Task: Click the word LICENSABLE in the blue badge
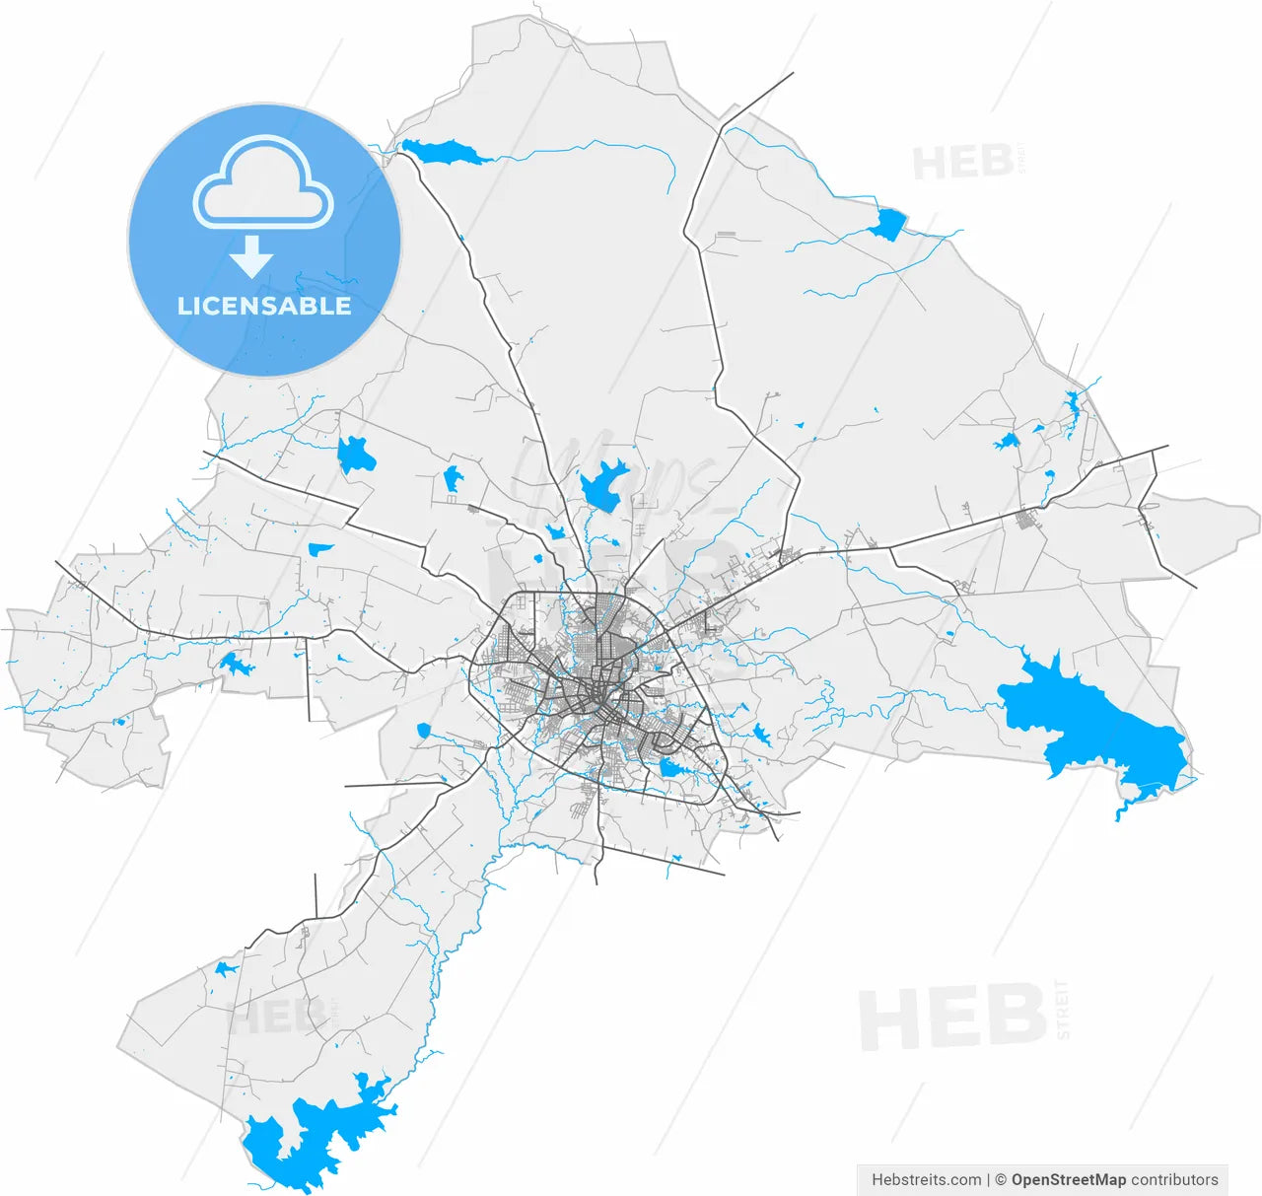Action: coord(264,306)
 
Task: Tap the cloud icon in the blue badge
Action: coord(263,183)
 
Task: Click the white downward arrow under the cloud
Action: coord(251,257)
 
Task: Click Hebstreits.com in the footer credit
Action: coord(926,1179)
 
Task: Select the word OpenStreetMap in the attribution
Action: coord(1068,1179)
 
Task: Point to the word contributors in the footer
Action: coord(1174,1179)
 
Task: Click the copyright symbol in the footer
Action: coord(1000,1179)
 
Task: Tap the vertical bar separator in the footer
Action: coord(988,1179)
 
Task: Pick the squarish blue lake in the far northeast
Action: coord(888,225)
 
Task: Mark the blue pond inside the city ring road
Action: coord(671,768)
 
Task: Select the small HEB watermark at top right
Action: coord(961,162)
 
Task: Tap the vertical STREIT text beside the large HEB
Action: coord(1062,1010)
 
